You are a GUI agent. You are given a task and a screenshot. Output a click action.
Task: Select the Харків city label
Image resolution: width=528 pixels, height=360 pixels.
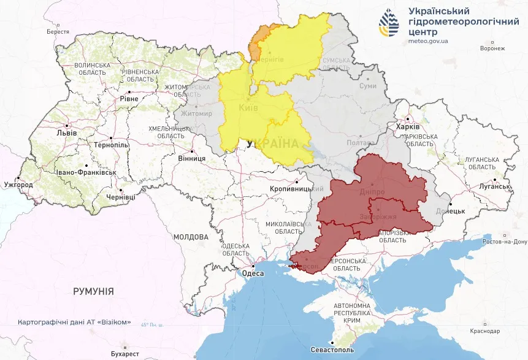coord(408,127)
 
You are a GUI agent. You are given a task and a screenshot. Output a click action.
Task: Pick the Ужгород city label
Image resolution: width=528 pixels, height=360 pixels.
coord(18,184)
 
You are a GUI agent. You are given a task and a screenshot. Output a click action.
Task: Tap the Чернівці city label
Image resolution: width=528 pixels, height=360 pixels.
coord(120,197)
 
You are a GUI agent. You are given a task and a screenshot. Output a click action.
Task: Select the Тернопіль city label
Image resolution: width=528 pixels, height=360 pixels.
coord(111,145)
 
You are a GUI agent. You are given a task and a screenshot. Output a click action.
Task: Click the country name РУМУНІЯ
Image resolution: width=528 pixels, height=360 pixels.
coord(93,291)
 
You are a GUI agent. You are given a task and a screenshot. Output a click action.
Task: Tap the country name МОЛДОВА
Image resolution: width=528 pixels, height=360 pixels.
coord(191,237)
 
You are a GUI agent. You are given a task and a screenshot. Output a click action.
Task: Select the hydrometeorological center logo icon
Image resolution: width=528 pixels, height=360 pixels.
coord(389,24)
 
